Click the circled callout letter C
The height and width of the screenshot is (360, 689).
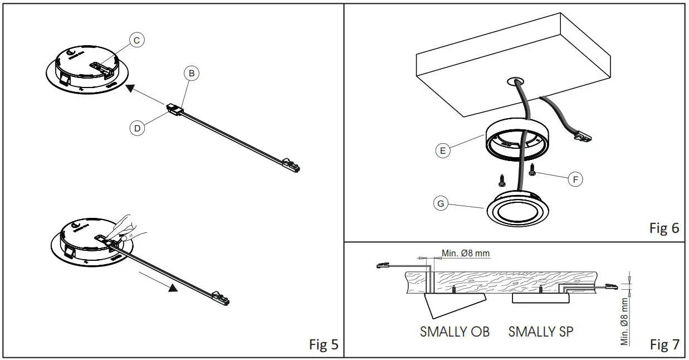[136, 40]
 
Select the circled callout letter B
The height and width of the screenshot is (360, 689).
[191, 73]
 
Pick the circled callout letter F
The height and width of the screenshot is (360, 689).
[575, 179]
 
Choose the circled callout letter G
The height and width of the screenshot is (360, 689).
[441, 204]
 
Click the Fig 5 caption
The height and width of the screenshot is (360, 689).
[324, 344]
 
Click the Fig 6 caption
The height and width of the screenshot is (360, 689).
[664, 228]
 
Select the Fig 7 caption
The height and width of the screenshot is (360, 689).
[664, 345]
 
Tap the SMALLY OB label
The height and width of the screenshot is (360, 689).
[455, 332]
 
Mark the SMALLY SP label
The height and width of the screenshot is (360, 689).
[541, 332]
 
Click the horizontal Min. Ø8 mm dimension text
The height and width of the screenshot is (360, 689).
[466, 254]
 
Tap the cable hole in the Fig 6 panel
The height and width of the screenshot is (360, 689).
[515, 81]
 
